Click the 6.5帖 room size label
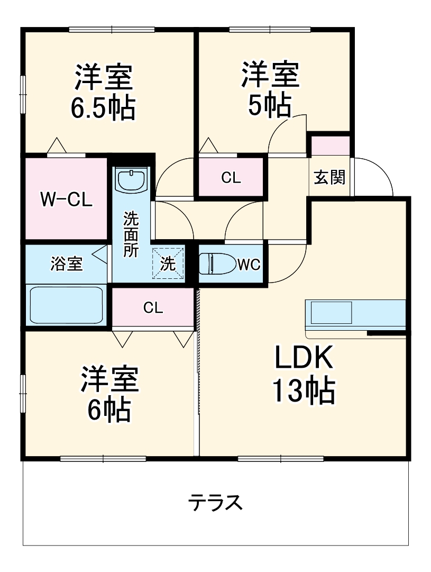coord(103,108)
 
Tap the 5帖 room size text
coord(270,105)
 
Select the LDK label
coord(303,359)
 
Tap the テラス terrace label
coord(216,502)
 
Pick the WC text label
coord(249,265)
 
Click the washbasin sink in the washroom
coord(131,181)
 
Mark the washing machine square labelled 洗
coord(168,264)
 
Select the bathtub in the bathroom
coord(67,305)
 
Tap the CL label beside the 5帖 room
coord(231,178)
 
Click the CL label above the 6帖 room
coord(153,308)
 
